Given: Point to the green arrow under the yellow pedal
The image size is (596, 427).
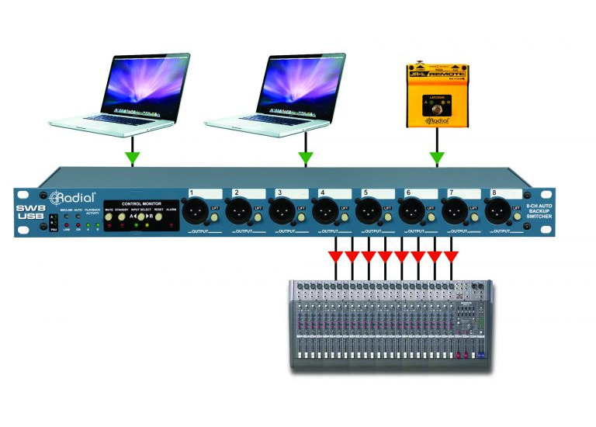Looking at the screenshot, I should (x=437, y=158).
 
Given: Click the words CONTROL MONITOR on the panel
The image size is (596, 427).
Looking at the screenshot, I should (x=141, y=202).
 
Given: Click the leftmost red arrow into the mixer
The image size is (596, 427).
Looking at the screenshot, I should (x=334, y=255).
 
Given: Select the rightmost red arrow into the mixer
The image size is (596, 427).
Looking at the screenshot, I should (x=450, y=255).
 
